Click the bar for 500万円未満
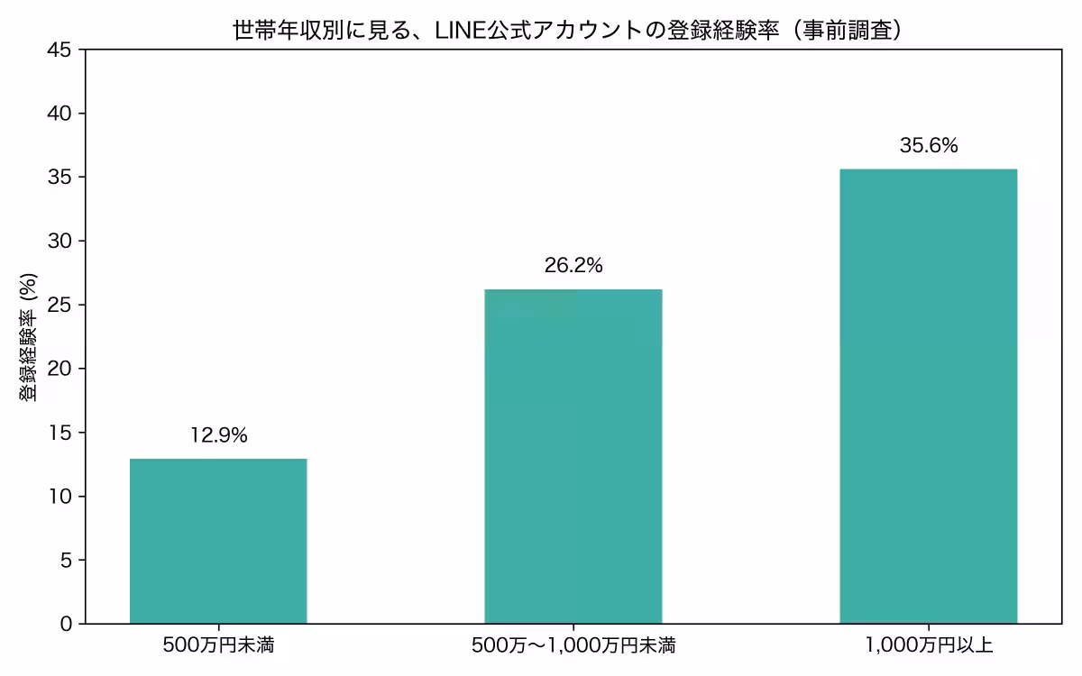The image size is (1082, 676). click(x=218, y=541)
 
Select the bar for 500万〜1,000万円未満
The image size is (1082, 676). click(x=573, y=456)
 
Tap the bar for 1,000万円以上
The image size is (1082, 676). click(x=928, y=396)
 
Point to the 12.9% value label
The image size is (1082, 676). click(x=218, y=436)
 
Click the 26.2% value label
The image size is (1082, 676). click(x=573, y=266)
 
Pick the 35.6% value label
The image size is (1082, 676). click(x=928, y=146)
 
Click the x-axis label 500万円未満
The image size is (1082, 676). click(x=218, y=645)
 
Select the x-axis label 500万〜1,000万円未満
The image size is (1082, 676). click(x=573, y=645)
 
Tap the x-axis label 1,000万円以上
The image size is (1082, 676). click(x=928, y=645)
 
